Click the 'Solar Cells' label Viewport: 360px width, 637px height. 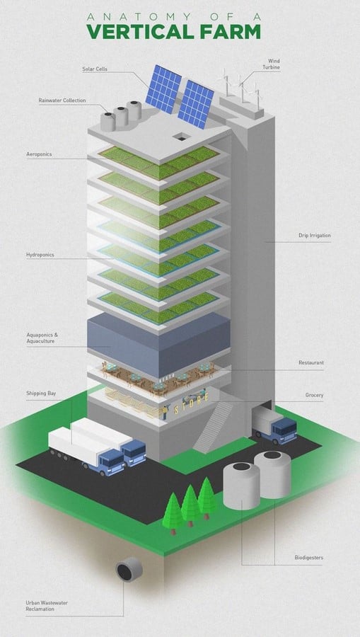coord(94,69)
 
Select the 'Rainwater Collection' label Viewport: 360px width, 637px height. coord(62,100)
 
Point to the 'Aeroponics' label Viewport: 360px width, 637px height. coord(39,154)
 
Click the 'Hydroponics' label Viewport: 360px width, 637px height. coord(40,255)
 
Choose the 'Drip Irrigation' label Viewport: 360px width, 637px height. coord(315,235)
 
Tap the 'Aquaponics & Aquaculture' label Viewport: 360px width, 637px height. coord(42,338)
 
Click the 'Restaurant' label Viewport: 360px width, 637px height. coord(311,362)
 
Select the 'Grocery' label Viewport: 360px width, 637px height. coord(314,395)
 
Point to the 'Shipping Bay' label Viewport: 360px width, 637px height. coord(41,394)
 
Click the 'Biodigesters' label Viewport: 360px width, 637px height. coord(309,558)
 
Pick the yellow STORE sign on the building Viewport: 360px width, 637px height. coord(192,403)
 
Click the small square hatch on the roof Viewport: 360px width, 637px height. coord(180,137)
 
